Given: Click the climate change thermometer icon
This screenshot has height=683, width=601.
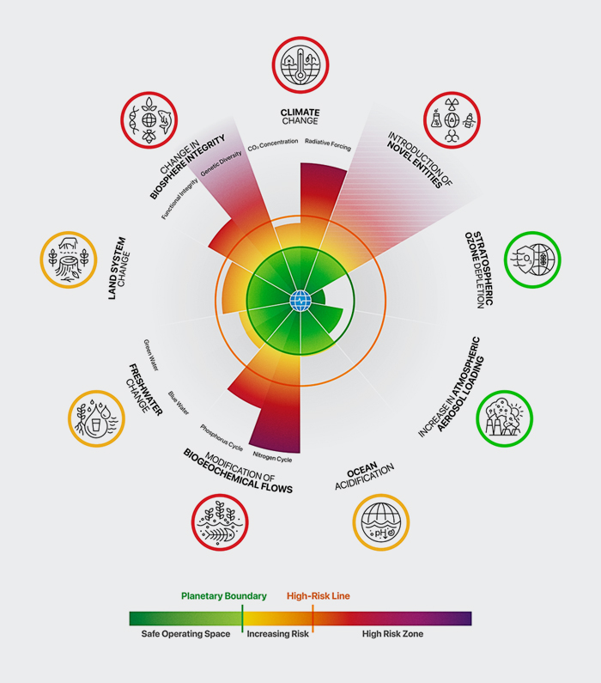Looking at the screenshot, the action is pyautogui.click(x=300, y=65).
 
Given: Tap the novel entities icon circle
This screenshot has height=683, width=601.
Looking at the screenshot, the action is pyautogui.click(x=452, y=120).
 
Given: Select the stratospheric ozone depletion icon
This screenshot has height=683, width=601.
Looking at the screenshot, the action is pyautogui.click(x=532, y=259).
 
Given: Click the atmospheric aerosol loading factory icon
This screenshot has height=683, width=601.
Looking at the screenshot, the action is pyautogui.click(x=504, y=418).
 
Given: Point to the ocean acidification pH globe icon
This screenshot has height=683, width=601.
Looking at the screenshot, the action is pyautogui.click(x=381, y=521).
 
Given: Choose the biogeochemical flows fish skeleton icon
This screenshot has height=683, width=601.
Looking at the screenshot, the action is pyautogui.click(x=220, y=521).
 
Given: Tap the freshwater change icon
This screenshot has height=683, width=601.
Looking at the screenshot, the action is pyautogui.click(x=96, y=418).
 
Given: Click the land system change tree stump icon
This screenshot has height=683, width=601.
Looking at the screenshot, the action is pyautogui.click(x=69, y=259).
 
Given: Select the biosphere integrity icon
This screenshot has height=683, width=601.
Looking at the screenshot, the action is pyautogui.click(x=149, y=120).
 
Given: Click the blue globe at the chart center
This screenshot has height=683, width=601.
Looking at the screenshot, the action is pyautogui.click(x=300, y=301).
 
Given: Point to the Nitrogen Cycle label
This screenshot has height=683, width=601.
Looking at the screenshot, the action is pyautogui.click(x=273, y=457).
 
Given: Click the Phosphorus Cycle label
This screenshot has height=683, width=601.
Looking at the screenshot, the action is pyautogui.click(x=222, y=437).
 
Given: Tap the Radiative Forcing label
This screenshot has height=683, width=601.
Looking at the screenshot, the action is pyautogui.click(x=328, y=144).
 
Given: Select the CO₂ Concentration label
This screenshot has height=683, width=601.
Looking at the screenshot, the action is pyautogui.click(x=273, y=145).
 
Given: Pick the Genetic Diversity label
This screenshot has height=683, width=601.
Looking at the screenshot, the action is pyautogui.click(x=221, y=163).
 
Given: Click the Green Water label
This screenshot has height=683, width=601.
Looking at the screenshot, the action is pyautogui.click(x=151, y=355).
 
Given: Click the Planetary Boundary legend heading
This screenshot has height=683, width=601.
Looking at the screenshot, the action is pyautogui.click(x=224, y=596).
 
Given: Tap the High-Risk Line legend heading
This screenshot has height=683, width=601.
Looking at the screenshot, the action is pyautogui.click(x=319, y=596).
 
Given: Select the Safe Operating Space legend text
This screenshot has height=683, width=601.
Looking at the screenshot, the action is pyautogui.click(x=185, y=634).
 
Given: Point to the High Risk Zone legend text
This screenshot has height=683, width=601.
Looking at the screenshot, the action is pyautogui.click(x=392, y=634).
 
